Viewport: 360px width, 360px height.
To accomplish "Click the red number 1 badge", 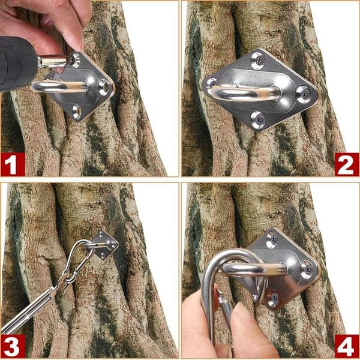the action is coord(13,164).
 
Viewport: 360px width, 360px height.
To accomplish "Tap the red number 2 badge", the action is coord(347,164).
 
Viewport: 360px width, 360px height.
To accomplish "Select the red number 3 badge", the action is coord(13,346).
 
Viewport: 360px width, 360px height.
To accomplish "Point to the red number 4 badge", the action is coord(347,346).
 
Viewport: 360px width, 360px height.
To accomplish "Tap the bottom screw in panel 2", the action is coord(257,120).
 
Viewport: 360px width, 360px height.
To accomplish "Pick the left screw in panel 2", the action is coord(212,83).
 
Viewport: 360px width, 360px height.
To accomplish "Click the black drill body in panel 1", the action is coord(17,65).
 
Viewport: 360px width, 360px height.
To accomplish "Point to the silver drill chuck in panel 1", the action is coord(52,62).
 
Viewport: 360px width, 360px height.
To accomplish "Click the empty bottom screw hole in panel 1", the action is coord(77,112).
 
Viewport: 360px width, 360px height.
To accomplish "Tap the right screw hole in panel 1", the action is coord(103,88).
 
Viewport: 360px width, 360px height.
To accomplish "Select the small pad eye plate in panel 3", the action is coord(106,245).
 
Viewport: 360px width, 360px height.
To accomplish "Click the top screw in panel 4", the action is coord(271,241).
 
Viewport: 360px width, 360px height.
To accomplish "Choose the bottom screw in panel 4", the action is coord(272,299).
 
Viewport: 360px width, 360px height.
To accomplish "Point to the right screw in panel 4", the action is coord(307,270).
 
